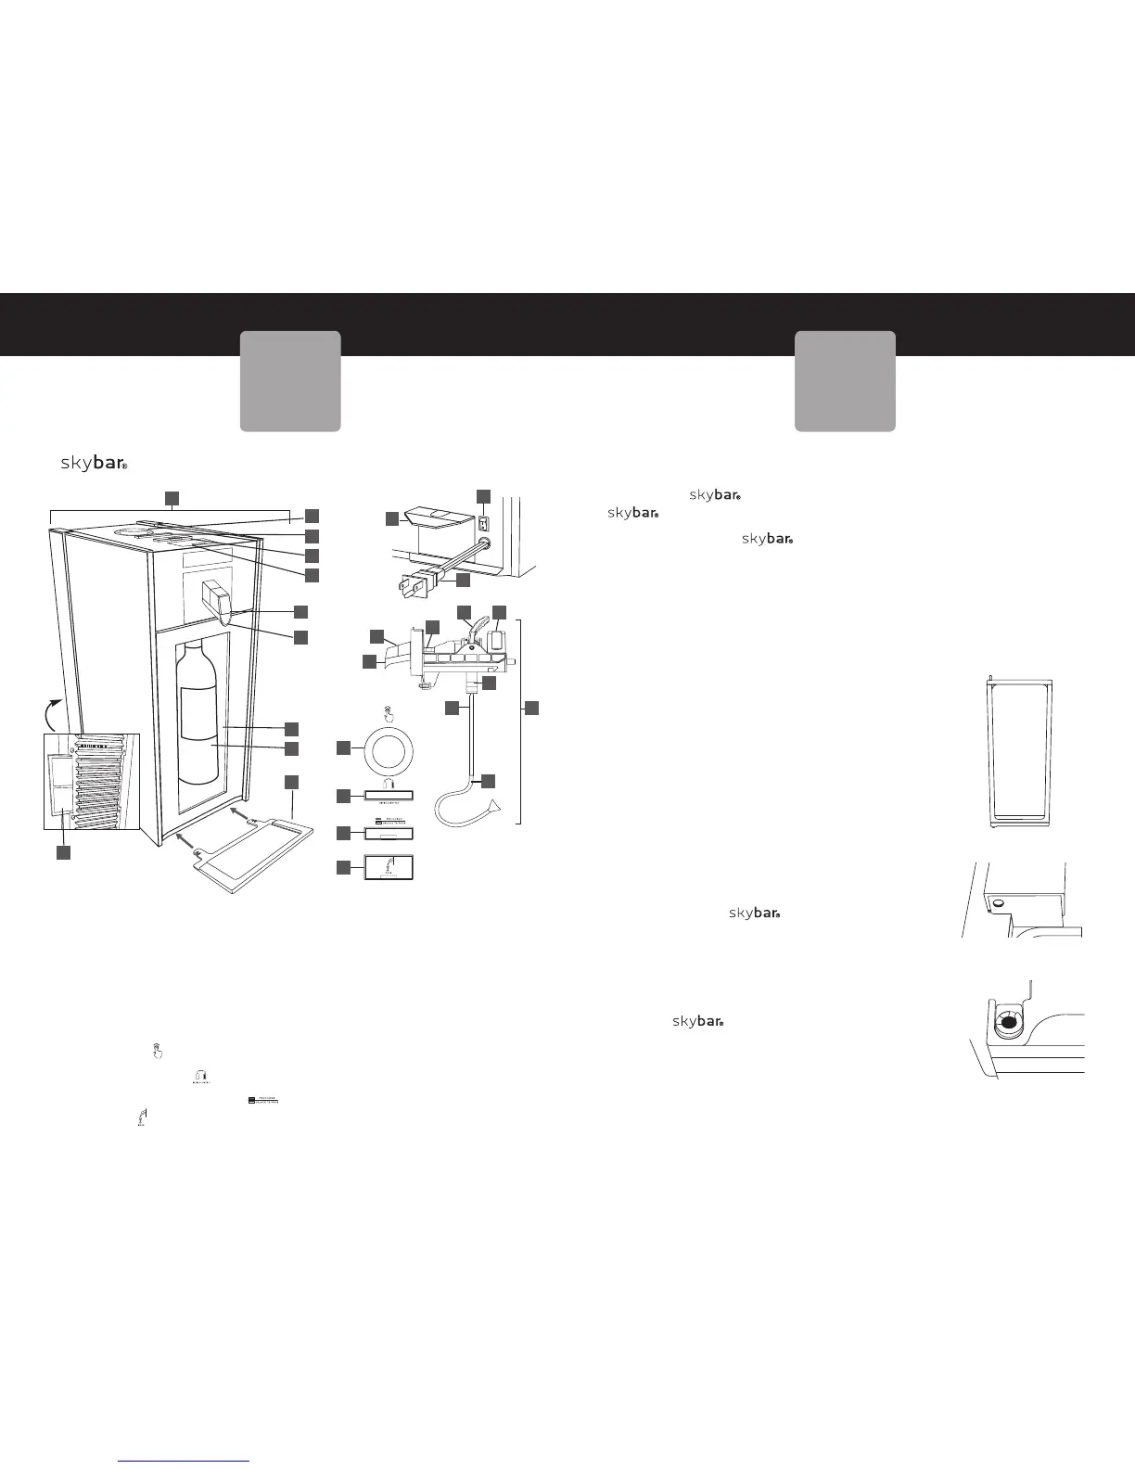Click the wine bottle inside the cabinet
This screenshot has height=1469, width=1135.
pos(199,714)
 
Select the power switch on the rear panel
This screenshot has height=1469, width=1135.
pos(482,523)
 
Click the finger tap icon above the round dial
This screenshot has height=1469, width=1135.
pos(388,714)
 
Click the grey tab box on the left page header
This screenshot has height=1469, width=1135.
pos(290,380)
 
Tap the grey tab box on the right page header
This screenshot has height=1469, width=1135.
pos(845,380)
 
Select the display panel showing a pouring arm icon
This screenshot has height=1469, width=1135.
pos(389,868)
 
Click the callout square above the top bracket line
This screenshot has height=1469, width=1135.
pos(172,498)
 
